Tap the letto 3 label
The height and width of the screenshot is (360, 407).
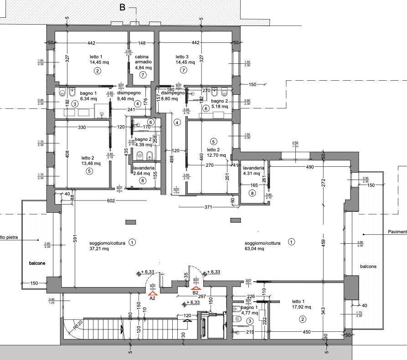click(x=182, y=57)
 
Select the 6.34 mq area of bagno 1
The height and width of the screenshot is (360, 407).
click(x=88, y=98)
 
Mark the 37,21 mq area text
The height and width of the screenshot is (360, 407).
click(x=99, y=249)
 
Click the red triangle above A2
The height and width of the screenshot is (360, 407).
click(x=152, y=294)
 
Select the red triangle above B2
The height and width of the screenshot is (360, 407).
click(x=196, y=288)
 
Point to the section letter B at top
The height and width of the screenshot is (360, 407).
click(x=122, y=7)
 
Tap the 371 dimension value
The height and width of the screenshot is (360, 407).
click(x=208, y=207)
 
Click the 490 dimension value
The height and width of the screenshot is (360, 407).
click(x=310, y=168)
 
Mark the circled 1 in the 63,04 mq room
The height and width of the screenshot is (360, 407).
click(x=291, y=242)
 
